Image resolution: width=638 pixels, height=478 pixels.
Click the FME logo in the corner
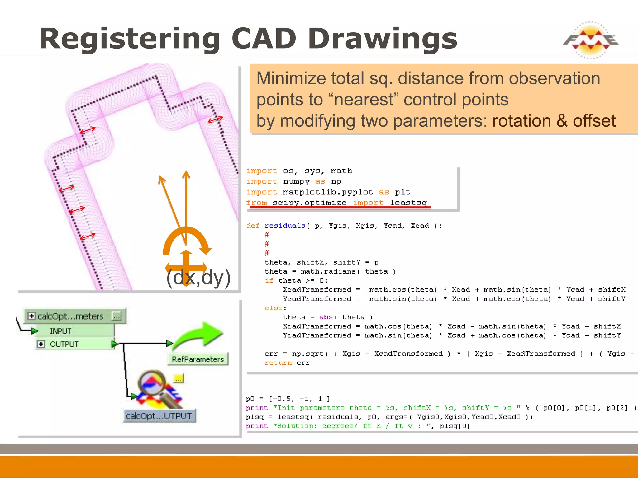pyautogui.click(x=590, y=40)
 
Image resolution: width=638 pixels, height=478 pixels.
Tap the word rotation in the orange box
pyautogui.click(x=522, y=121)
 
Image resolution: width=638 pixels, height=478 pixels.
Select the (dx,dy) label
pyautogui.click(x=198, y=277)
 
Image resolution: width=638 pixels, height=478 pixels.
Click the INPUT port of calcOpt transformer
pyautogui.click(x=60, y=331)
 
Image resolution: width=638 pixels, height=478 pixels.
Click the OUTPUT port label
pyautogui.click(x=64, y=344)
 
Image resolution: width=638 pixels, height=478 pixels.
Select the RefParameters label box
pyautogui.click(x=198, y=359)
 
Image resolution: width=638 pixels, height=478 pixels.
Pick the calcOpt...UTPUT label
pyautogui.click(x=159, y=416)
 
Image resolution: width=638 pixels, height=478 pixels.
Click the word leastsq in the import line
pyautogui.click(x=408, y=203)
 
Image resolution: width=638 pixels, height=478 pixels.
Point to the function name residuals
pyautogui.click(x=285, y=226)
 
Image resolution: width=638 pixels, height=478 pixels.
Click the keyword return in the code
pyautogui.click(x=278, y=363)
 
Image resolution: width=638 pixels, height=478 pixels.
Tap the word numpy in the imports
pyautogui.click(x=296, y=182)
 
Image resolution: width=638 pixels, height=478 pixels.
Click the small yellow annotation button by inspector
pyautogui.click(x=179, y=379)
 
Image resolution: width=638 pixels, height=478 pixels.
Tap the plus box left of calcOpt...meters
pyautogui.click(x=31, y=316)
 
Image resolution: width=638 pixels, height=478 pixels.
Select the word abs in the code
pyautogui.click(x=326, y=317)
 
